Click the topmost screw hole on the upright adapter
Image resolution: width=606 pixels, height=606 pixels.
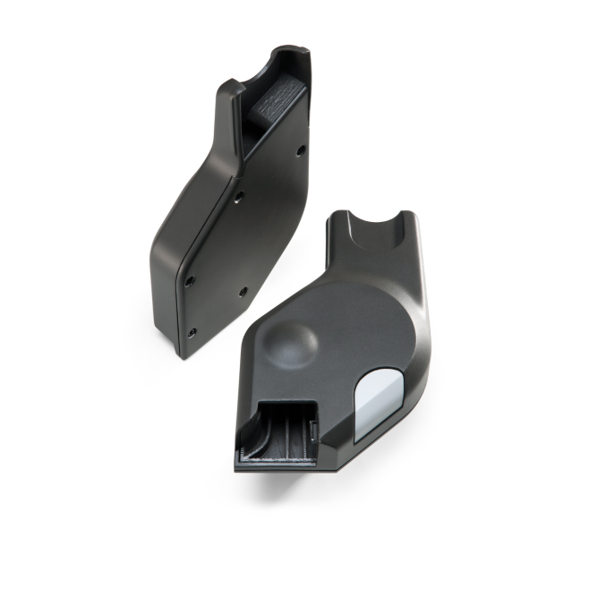(x=300, y=148)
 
